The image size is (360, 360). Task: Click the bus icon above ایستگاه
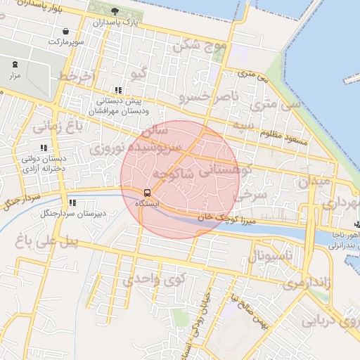click(147, 193)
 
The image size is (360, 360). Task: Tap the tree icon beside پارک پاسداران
click(115, 11)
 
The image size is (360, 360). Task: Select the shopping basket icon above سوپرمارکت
click(65, 32)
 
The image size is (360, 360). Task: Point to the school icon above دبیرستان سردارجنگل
click(71, 202)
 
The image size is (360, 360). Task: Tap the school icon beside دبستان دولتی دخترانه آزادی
click(44, 148)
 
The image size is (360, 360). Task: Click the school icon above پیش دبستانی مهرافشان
click(118, 90)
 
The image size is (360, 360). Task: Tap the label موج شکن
click(200, 46)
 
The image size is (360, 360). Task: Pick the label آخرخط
click(76, 75)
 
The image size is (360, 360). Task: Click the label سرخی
click(250, 193)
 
